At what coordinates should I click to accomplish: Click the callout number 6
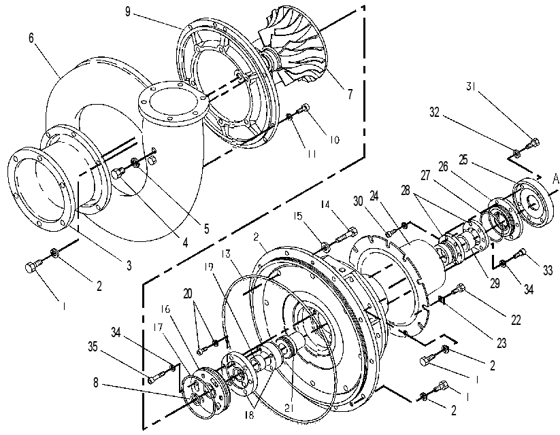coord(31,37)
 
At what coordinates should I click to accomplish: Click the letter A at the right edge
coord(555,179)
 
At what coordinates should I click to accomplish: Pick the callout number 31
coord(472,86)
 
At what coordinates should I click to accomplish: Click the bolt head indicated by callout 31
coord(533,143)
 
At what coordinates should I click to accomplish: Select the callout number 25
coord(463,160)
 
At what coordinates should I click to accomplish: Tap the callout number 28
coord(406,190)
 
